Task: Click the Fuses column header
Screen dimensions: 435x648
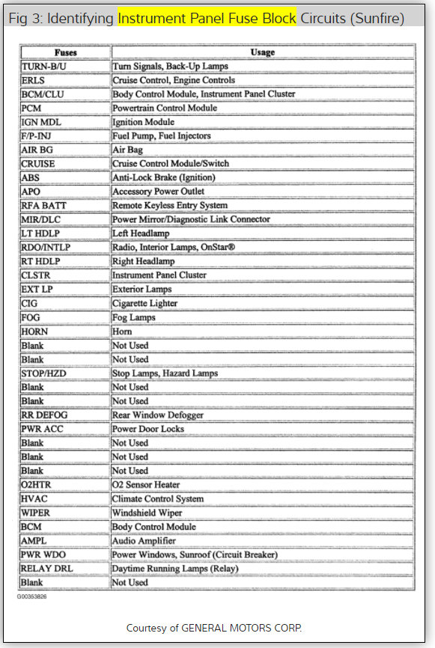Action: (x=66, y=52)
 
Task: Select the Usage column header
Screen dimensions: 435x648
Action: (x=262, y=52)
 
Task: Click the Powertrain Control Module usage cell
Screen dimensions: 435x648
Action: (x=165, y=108)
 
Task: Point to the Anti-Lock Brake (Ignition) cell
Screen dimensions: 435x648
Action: (x=163, y=177)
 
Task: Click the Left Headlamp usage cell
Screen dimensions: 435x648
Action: (x=142, y=233)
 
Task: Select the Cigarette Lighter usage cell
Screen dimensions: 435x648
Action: (x=145, y=303)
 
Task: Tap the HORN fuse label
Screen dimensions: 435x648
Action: (x=35, y=331)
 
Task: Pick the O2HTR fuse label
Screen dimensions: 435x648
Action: (x=37, y=484)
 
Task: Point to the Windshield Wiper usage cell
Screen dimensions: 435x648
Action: (x=148, y=512)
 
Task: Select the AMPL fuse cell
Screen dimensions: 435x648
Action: (x=35, y=540)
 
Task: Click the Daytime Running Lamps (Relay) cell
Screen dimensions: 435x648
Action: (x=175, y=568)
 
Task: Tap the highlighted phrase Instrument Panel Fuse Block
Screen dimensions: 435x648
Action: (x=207, y=17)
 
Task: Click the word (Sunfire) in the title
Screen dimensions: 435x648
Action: (x=377, y=17)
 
